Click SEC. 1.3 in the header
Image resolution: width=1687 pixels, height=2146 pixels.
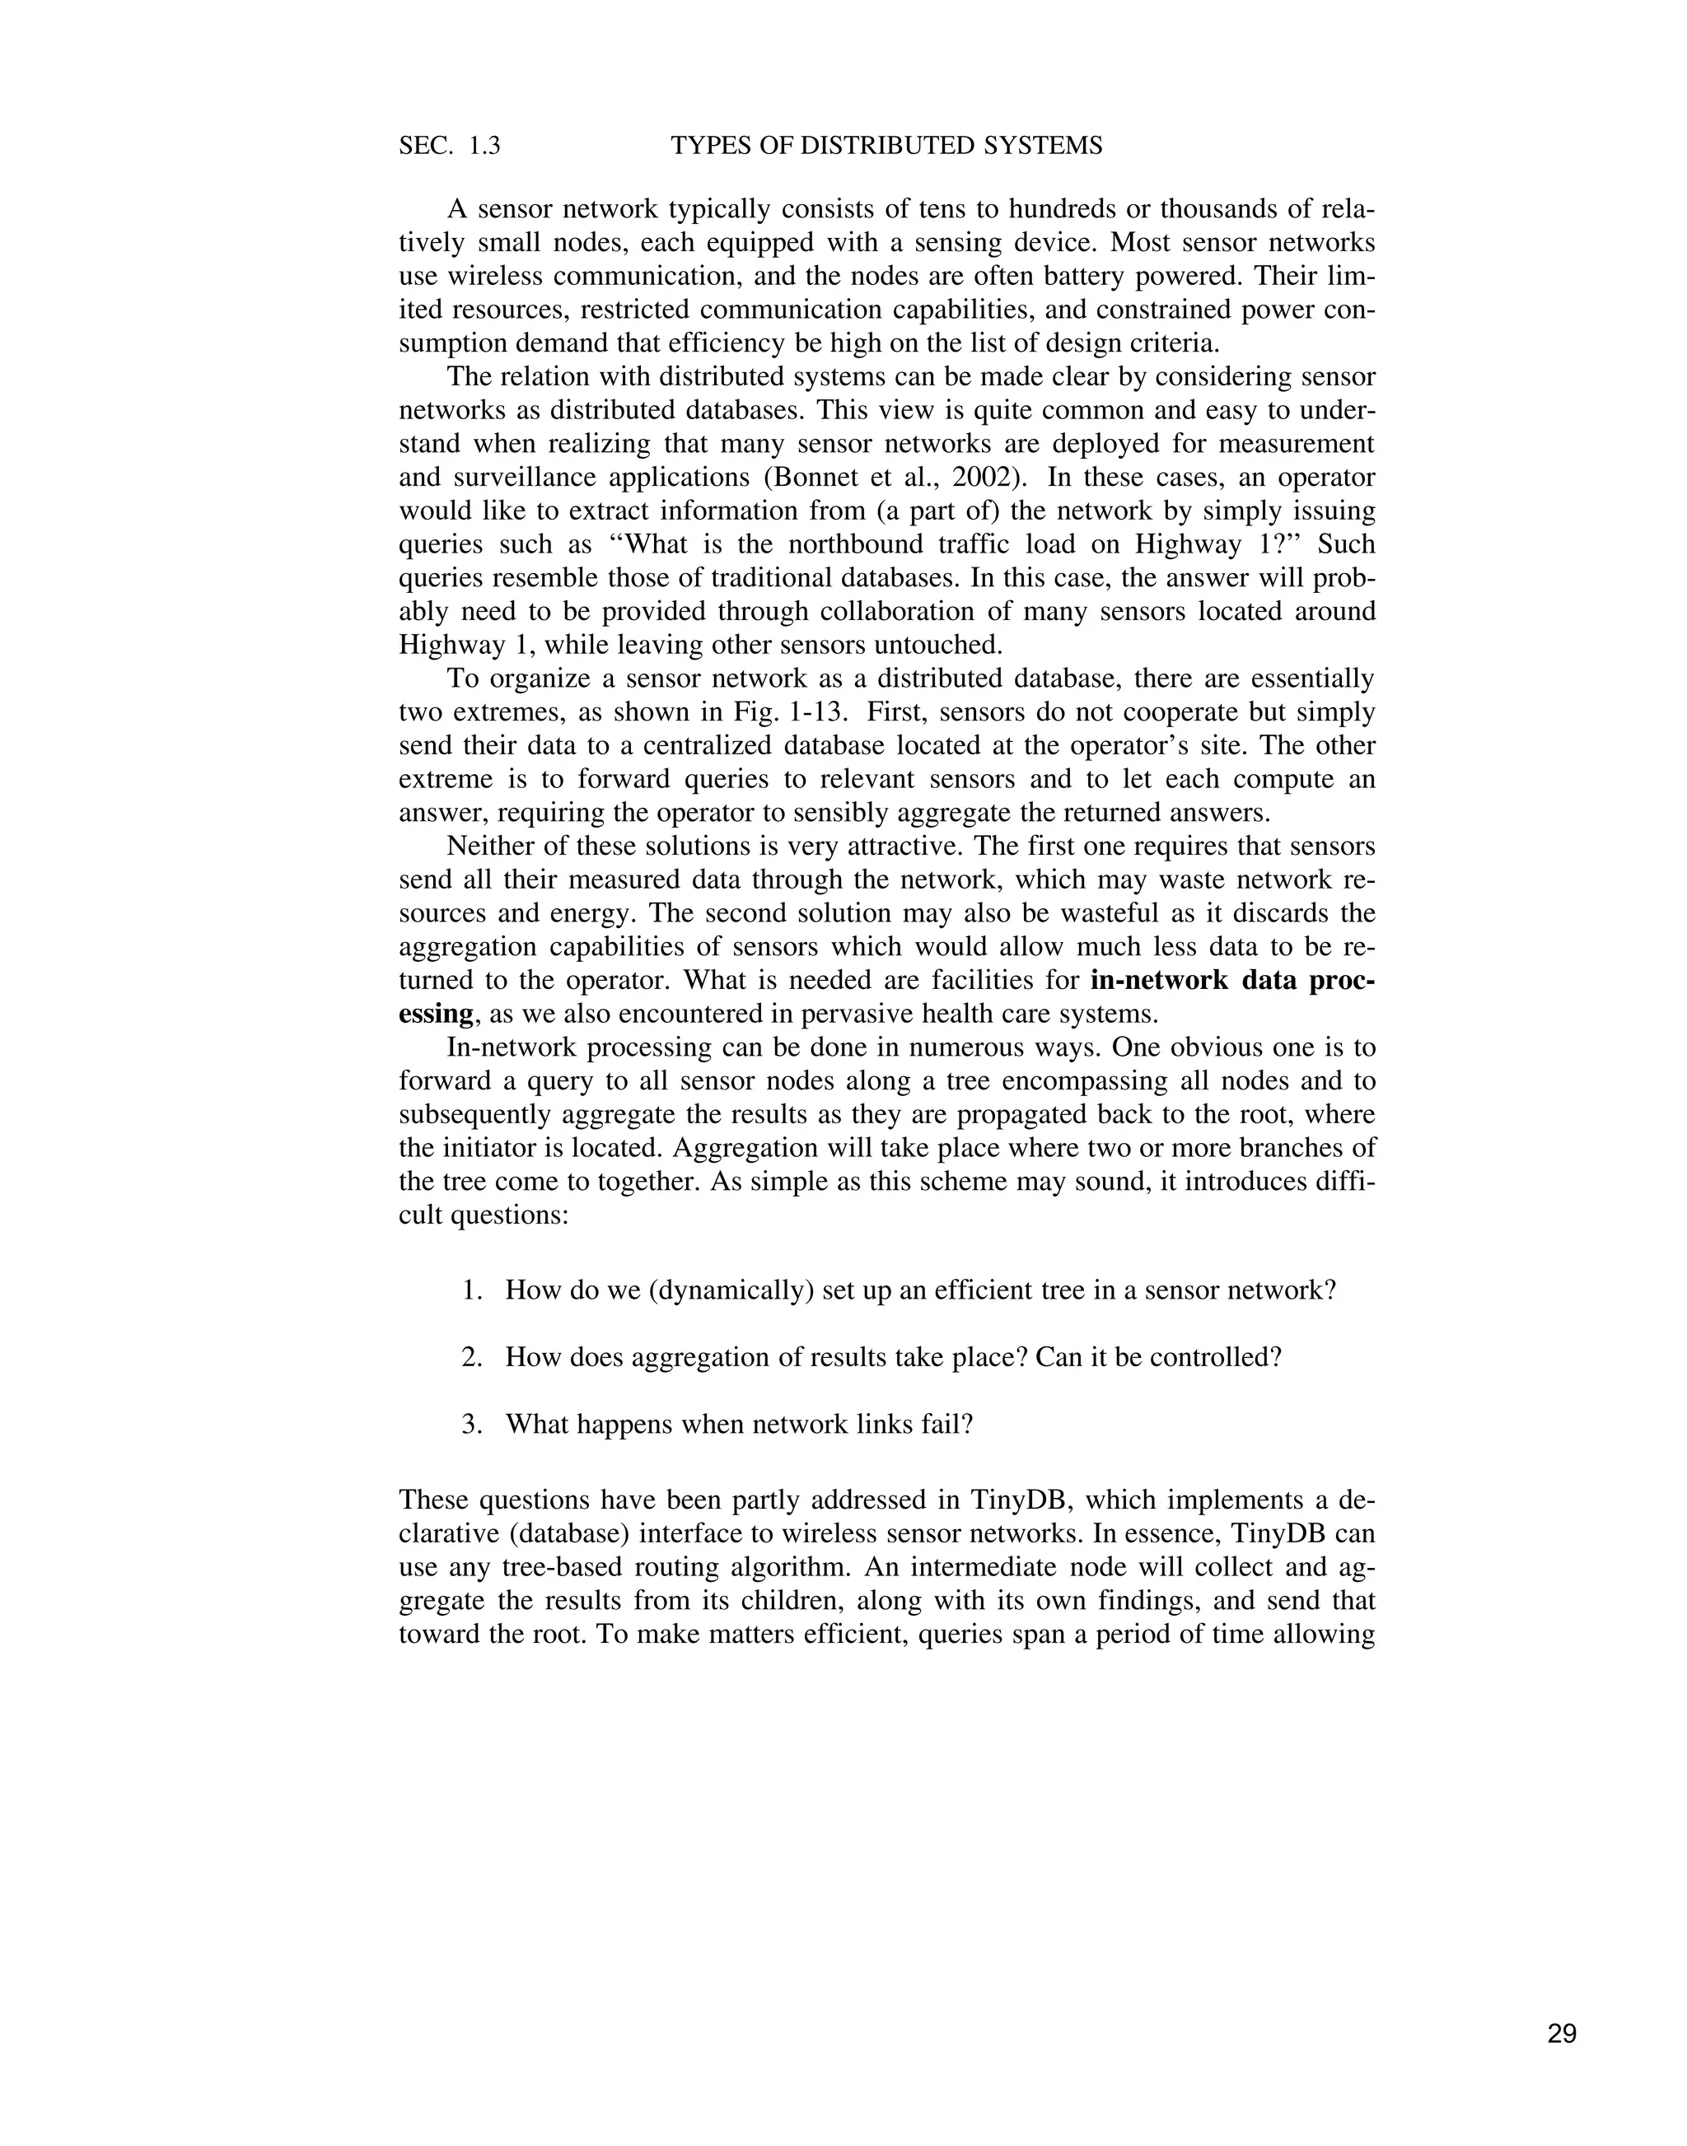click(x=450, y=146)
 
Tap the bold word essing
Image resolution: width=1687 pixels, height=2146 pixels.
click(x=436, y=1015)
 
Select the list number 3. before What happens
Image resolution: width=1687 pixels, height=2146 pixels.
click(x=471, y=1425)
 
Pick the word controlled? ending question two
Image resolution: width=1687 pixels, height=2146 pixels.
click(x=1224, y=1358)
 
